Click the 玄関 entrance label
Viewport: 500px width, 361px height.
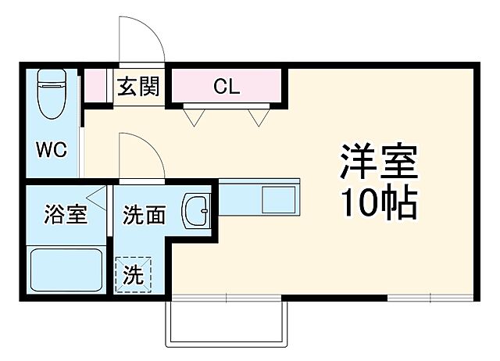coord(138,86)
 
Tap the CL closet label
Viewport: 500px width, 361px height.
coord(226,86)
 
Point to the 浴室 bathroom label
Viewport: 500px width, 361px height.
coord(65,214)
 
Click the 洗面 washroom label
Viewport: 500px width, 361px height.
coord(145,214)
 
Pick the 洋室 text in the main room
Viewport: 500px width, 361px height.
coord(380,163)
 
